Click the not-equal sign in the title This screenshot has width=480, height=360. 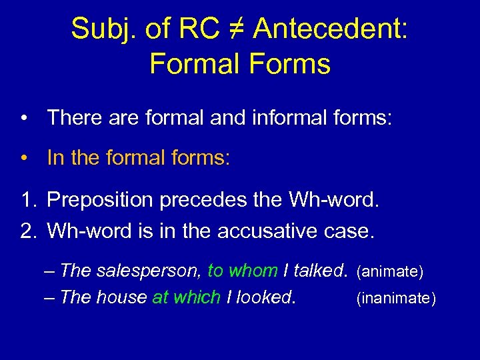point(235,29)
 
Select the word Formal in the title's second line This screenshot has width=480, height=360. point(194,64)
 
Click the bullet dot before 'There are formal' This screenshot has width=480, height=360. point(24,119)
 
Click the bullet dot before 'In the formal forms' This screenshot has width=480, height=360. point(24,159)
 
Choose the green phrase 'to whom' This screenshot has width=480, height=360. point(242,270)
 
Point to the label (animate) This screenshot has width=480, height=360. point(391,271)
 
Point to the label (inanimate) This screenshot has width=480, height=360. point(396,299)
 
